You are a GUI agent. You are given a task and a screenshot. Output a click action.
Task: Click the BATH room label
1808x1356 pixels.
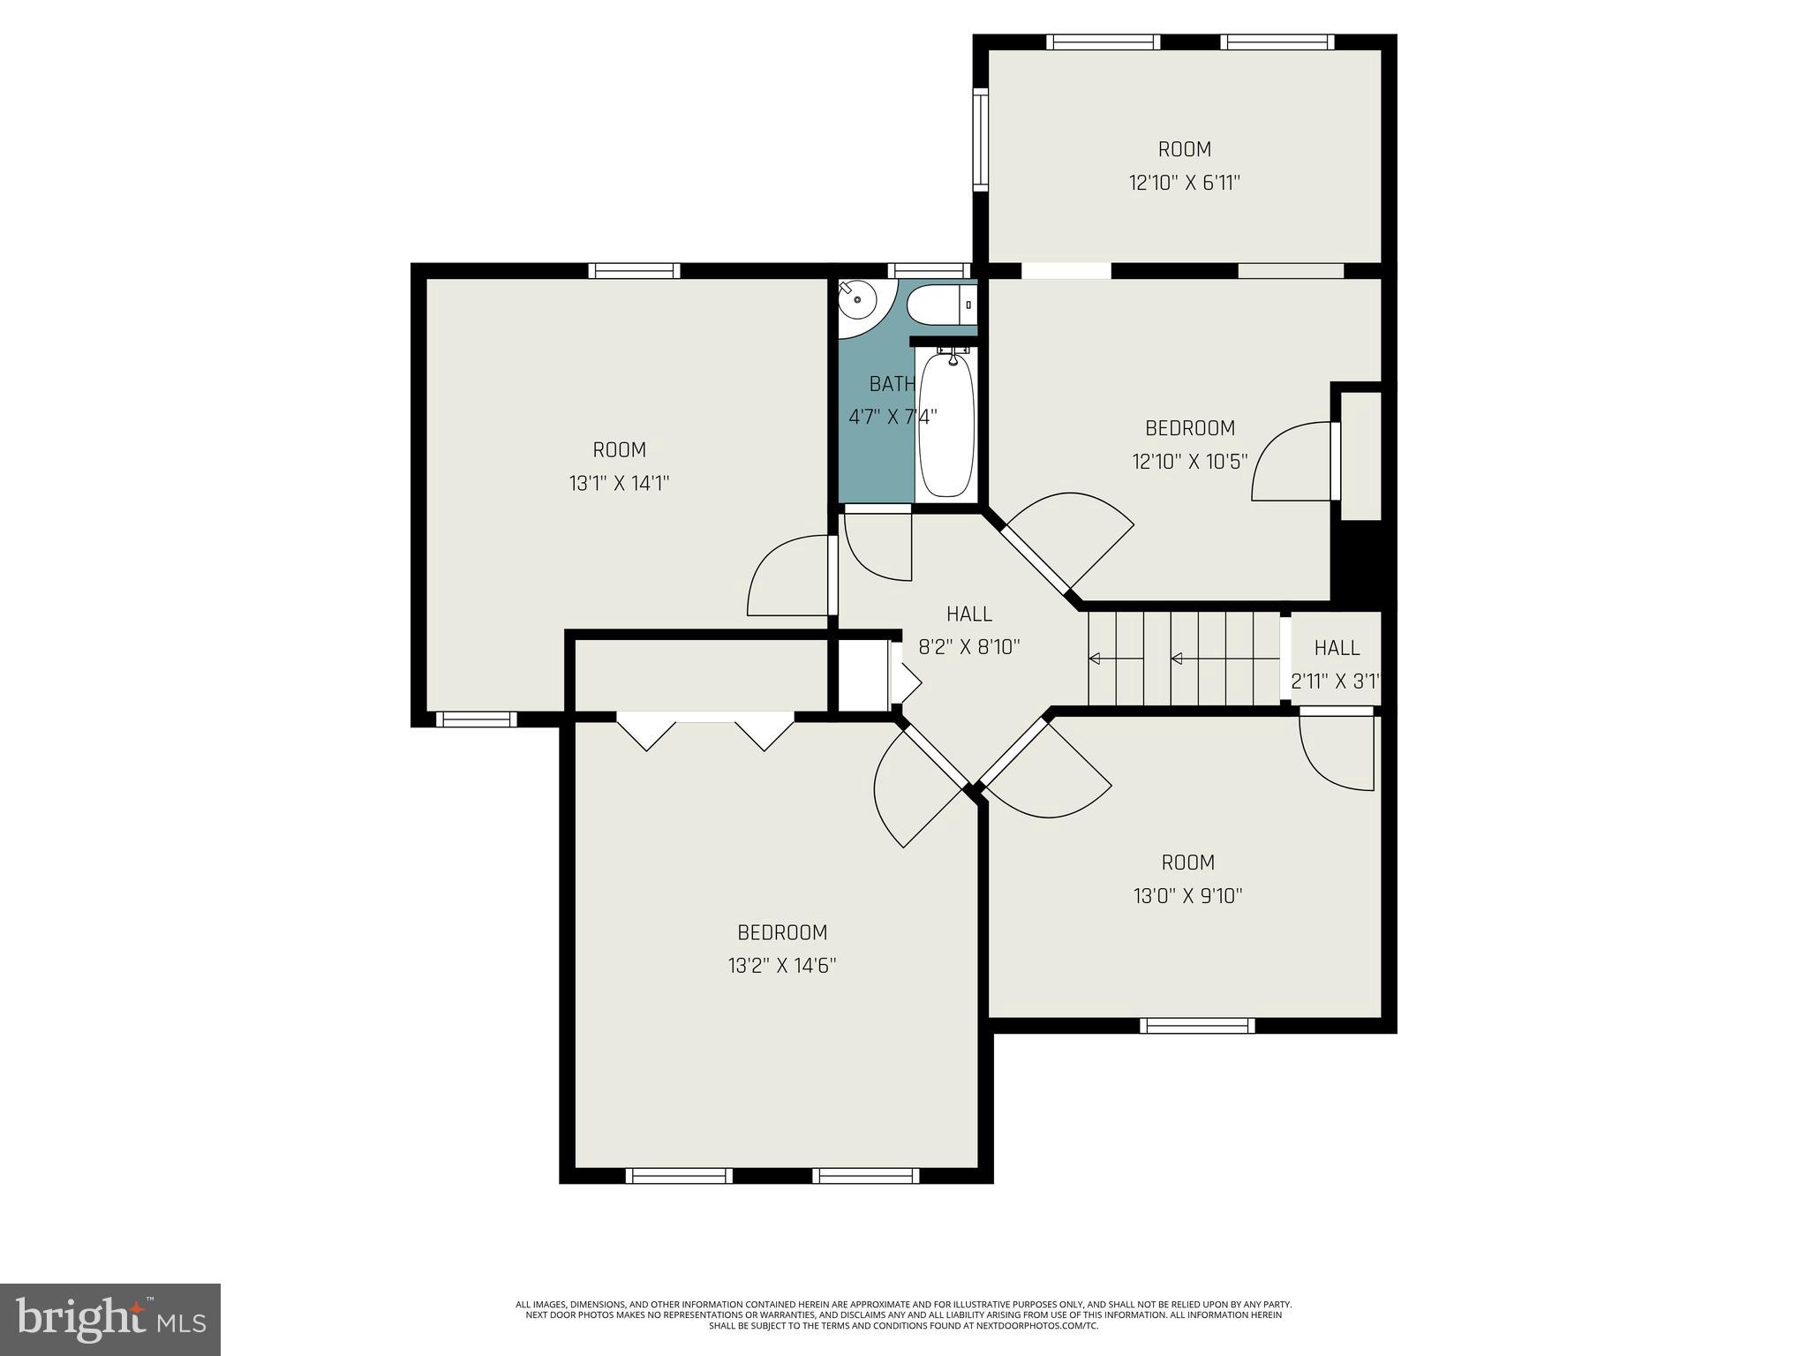[892, 384]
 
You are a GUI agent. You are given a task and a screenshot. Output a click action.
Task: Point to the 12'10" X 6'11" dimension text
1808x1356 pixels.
[1185, 183]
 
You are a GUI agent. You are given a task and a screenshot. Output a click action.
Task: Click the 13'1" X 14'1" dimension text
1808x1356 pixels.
[619, 483]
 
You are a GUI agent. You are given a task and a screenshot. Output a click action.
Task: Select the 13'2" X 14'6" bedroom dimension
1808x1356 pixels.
[782, 966]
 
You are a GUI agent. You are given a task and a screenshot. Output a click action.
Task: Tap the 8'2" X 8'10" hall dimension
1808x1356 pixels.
[969, 647]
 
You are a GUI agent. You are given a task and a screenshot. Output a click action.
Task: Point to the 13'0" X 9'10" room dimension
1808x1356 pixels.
[1187, 896]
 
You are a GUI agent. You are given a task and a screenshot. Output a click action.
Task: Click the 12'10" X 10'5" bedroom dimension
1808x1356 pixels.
[1189, 461]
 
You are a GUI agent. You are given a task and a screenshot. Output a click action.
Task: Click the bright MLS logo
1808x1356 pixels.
[109, 1319]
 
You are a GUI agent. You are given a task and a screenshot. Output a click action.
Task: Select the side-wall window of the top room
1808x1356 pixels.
[980, 139]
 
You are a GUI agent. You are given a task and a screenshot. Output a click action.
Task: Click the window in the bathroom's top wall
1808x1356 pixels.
[929, 270]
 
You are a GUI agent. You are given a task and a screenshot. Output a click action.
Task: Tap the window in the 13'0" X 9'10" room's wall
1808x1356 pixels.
[1196, 1025]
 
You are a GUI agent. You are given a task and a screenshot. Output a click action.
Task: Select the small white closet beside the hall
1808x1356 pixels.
[862, 676]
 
